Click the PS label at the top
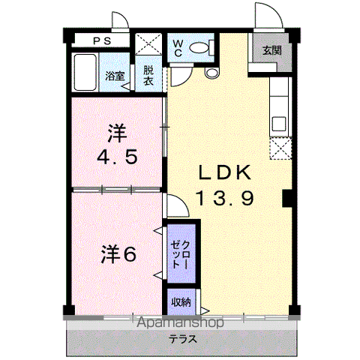[102, 41]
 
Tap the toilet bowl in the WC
[199, 48]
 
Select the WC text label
[178, 49]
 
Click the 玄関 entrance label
[272, 50]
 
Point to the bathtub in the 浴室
[85, 72]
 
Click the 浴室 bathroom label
[115, 76]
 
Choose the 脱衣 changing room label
[148, 76]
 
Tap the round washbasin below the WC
[211, 73]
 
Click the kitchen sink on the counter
[279, 124]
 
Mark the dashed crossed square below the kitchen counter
[280, 148]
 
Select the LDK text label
[224, 172]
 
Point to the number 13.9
[226, 197]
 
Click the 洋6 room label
[118, 254]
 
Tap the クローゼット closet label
[181, 254]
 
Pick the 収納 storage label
[181, 302]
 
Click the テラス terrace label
[183, 339]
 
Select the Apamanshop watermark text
[180, 322]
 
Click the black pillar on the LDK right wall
[287, 199]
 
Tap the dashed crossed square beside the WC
[148, 44]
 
